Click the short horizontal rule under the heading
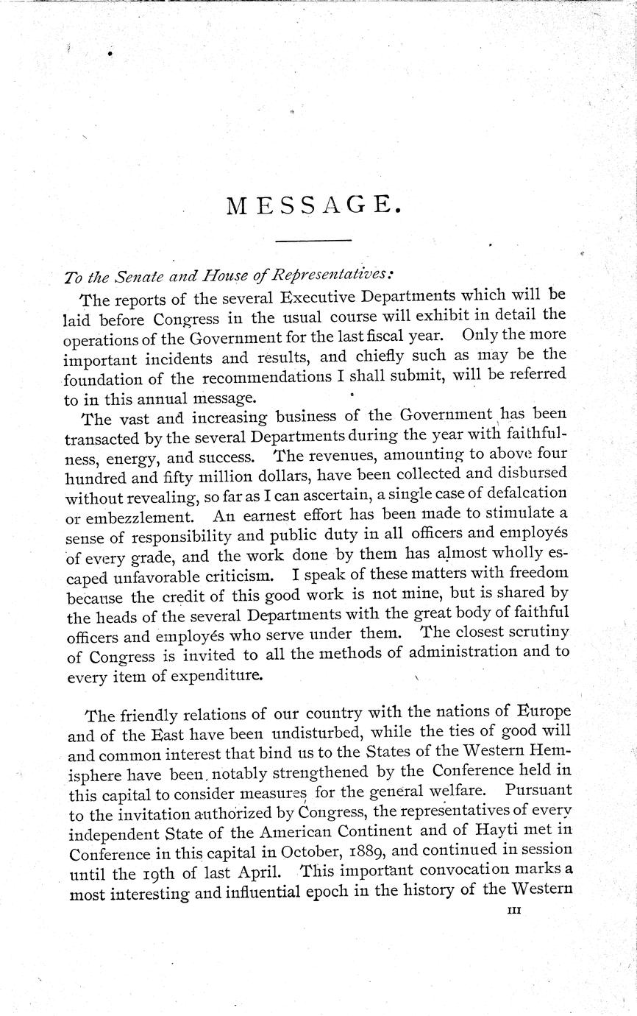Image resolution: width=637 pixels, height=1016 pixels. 314,241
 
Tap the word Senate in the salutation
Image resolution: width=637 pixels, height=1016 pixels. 125,278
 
